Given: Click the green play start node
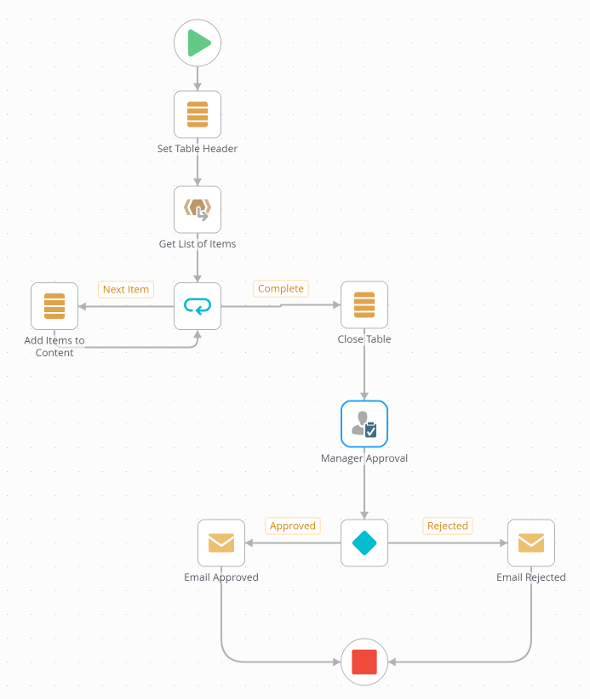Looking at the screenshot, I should click(198, 43).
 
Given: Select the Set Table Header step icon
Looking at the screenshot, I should click(198, 114).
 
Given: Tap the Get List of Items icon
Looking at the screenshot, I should click(198, 209).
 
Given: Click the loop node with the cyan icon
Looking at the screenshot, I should click(198, 306).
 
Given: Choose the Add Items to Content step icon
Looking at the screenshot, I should click(54, 306).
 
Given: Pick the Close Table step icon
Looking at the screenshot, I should click(364, 305).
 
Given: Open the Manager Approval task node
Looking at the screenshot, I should click(364, 423).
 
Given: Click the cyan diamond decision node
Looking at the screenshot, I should click(364, 543).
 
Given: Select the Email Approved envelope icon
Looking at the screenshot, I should click(221, 543).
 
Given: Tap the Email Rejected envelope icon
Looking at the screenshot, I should click(531, 543).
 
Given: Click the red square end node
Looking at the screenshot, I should click(364, 661).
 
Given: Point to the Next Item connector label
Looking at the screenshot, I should click(126, 289).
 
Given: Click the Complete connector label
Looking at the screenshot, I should click(281, 288).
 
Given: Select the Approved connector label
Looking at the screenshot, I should click(293, 526).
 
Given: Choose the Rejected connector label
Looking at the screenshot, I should click(448, 526).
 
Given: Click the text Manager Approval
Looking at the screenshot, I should click(364, 458).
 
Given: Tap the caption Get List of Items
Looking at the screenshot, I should click(198, 244).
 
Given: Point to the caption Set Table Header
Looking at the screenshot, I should click(198, 149).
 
